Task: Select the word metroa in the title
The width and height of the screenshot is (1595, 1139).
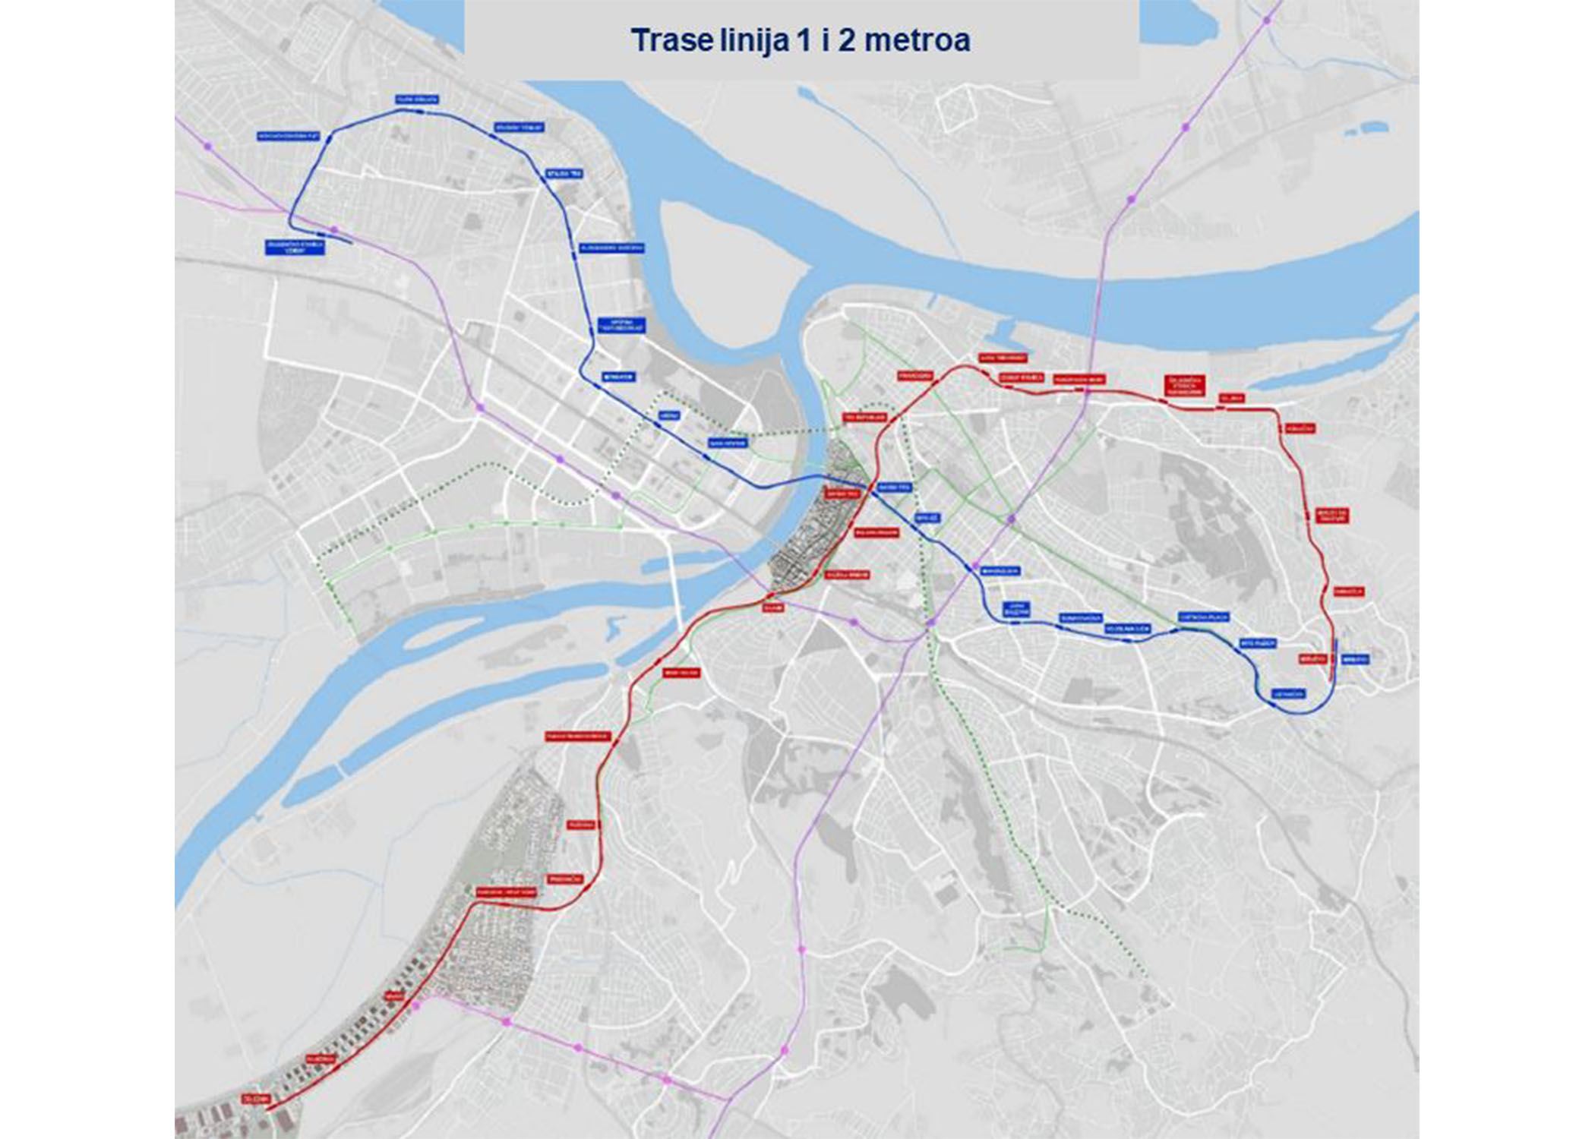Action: tap(917, 40)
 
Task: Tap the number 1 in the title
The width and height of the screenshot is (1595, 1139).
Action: tap(803, 40)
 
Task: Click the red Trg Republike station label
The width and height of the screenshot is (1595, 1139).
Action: tap(865, 418)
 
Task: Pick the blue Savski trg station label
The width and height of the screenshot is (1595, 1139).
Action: tap(893, 486)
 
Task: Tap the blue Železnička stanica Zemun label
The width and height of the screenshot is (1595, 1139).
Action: tap(295, 247)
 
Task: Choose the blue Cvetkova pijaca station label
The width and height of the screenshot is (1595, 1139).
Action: tap(1204, 617)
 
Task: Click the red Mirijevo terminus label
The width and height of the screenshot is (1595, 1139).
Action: tap(1312, 659)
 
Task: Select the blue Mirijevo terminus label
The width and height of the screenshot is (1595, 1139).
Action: tap(1355, 660)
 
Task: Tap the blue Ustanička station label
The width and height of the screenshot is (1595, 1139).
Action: tap(1289, 694)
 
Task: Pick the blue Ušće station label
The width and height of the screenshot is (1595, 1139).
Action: tap(669, 415)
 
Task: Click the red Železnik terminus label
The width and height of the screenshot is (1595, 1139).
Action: tap(256, 1099)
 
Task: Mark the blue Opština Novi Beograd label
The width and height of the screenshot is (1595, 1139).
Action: tap(622, 324)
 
